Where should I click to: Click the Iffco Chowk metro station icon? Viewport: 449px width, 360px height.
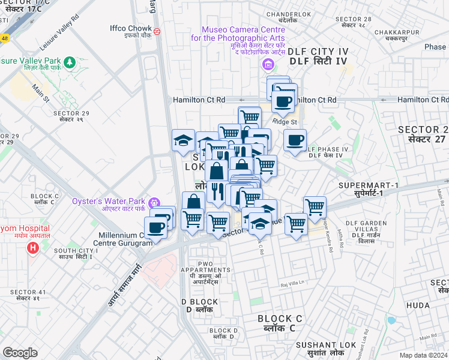tap(157, 31)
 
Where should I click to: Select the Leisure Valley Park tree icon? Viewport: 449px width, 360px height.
tap(70, 61)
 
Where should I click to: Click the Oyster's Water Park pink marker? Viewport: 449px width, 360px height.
tap(155, 202)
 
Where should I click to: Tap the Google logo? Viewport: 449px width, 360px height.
tap(20, 353)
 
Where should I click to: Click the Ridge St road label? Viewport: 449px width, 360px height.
tap(285, 122)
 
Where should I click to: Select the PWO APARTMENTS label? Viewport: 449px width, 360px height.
tap(205, 271)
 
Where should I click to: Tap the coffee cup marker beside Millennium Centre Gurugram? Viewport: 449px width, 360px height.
tap(156, 228)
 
